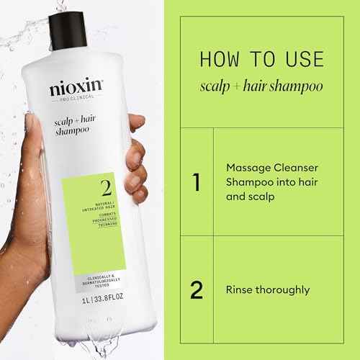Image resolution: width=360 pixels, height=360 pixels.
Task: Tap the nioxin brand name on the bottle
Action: (x=76, y=90)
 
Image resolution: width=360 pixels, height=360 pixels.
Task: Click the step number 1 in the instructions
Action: (x=196, y=181)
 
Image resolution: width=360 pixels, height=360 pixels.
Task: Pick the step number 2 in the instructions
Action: (x=196, y=290)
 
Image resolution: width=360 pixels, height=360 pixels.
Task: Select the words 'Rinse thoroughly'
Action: (x=267, y=290)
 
